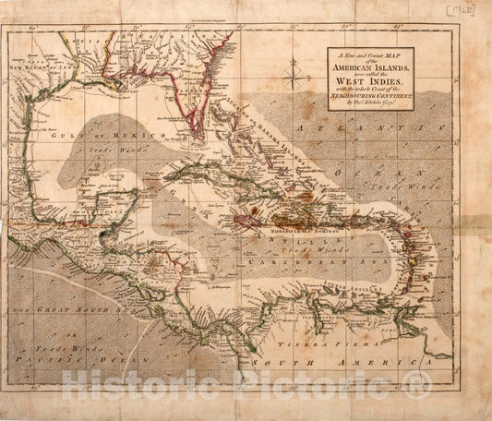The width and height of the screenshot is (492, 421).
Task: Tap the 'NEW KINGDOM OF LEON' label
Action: (x=38, y=66)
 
